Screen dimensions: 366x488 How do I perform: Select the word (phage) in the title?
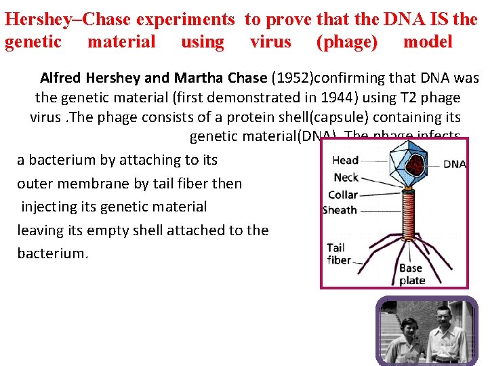pos(347,42)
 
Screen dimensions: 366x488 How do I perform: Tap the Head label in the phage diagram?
pos(345,160)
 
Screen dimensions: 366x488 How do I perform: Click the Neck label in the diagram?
pos(346,177)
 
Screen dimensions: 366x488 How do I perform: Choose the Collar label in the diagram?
pos(343,195)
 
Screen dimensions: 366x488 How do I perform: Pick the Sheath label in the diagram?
pos(340,210)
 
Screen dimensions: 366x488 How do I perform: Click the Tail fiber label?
pos(339,254)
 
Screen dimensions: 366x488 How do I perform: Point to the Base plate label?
pos(411,274)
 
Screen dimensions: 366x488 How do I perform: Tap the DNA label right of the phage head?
pos(455,164)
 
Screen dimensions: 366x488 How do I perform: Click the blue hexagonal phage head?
pos(414,164)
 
